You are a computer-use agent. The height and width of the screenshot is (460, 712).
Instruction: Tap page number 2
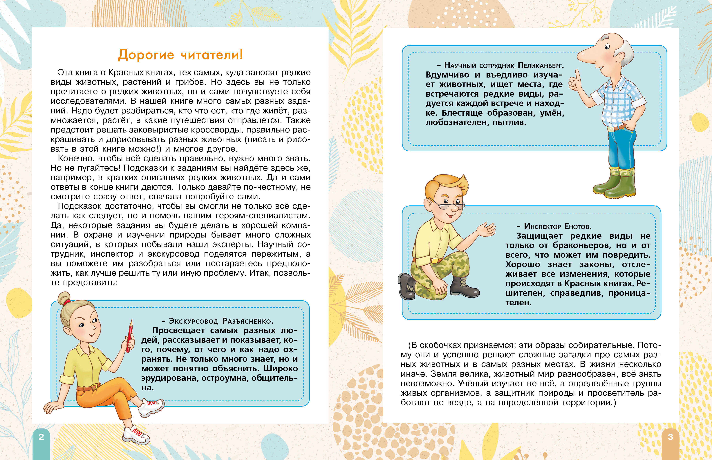coord(41,437)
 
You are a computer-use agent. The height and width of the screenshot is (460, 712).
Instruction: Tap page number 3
coord(671,437)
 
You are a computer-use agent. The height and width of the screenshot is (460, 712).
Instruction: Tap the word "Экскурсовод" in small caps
coord(194,321)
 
